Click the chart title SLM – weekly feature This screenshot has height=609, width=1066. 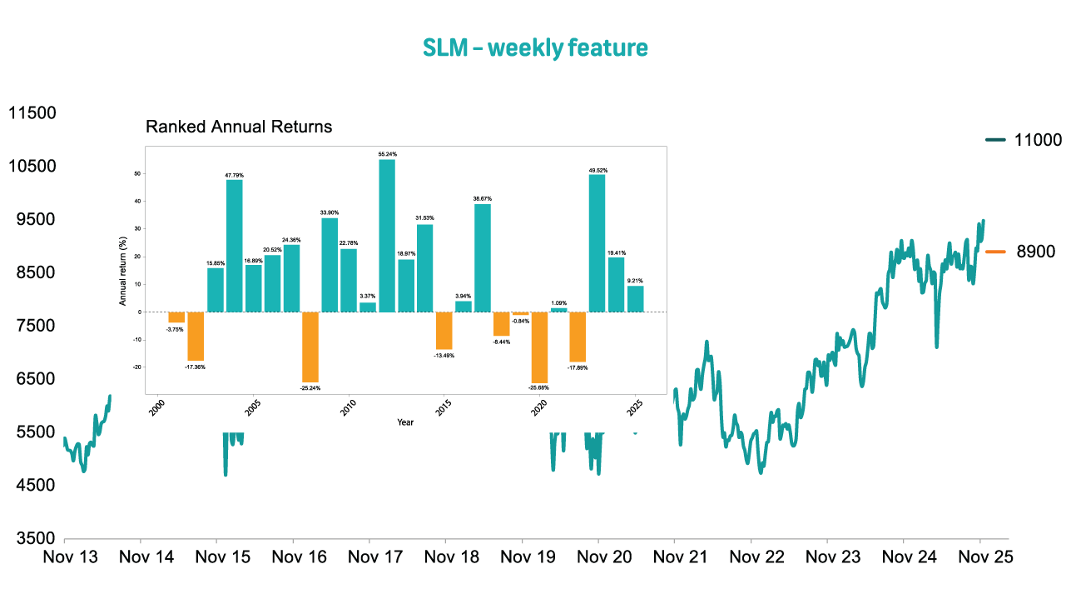[534, 48]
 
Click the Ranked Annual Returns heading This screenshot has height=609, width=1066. [239, 127]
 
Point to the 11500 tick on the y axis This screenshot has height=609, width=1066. [32, 112]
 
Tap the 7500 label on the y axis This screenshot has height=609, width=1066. [32, 326]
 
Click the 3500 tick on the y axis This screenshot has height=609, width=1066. [32, 539]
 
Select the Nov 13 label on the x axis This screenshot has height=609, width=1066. [70, 557]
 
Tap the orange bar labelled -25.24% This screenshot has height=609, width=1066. [310, 347]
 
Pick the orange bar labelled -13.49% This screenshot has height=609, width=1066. [444, 330]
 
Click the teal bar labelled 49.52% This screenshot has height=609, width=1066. [597, 242]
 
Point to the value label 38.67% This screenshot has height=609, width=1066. [483, 198]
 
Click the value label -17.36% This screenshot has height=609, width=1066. [196, 367]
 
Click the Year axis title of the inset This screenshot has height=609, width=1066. [405, 422]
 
